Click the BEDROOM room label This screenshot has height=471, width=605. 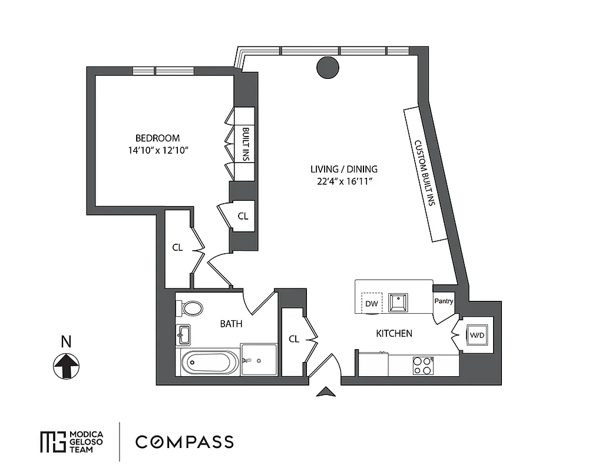coord(157,138)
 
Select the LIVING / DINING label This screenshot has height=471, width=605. coord(344,169)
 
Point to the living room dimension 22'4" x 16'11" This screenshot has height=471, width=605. coord(344,181)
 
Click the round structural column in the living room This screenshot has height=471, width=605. coord(328,68)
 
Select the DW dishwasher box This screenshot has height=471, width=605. coord(371,304)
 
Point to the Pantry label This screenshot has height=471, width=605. coord(444,301)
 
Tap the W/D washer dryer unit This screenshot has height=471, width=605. coord(476,336)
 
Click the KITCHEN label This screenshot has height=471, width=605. coord(394,333)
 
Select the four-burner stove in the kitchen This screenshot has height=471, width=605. coord(422,366)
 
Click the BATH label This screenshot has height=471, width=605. coord(231,324)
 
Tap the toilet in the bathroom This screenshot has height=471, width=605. coord(191,309)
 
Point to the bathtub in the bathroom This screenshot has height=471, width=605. coord(210,362)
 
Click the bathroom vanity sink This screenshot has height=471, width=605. coord(184,336)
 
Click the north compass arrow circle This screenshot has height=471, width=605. coord(67,366)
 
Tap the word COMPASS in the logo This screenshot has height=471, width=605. coord(184,442)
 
